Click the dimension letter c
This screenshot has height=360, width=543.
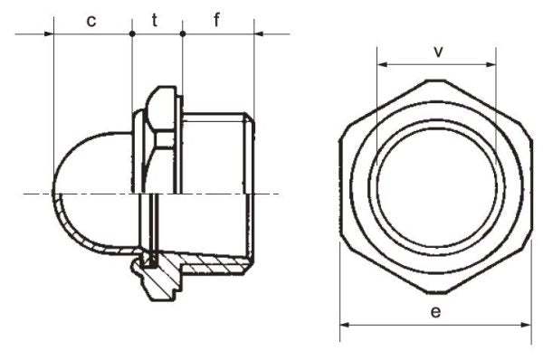91,21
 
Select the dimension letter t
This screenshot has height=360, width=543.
155,20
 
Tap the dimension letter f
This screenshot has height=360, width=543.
217,20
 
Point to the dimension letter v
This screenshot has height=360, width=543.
438,52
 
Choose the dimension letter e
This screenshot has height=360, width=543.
435,312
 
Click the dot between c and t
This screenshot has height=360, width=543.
132,34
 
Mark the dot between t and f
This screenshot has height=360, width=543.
183,34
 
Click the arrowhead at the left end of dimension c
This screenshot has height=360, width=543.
49,34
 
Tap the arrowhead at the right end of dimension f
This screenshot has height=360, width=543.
259,34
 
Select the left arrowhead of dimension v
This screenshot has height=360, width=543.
382,64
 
